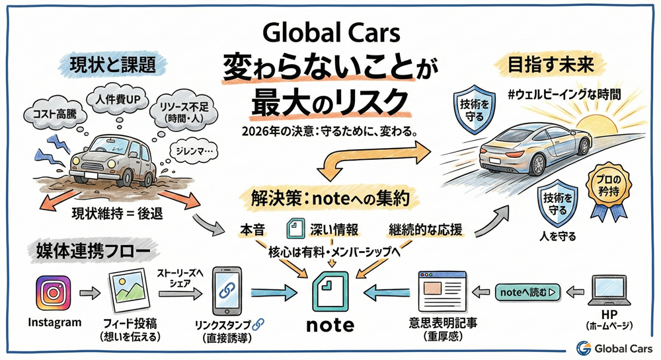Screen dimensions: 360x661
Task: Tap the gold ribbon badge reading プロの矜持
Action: pyautogui.click(x=605, y=188)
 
